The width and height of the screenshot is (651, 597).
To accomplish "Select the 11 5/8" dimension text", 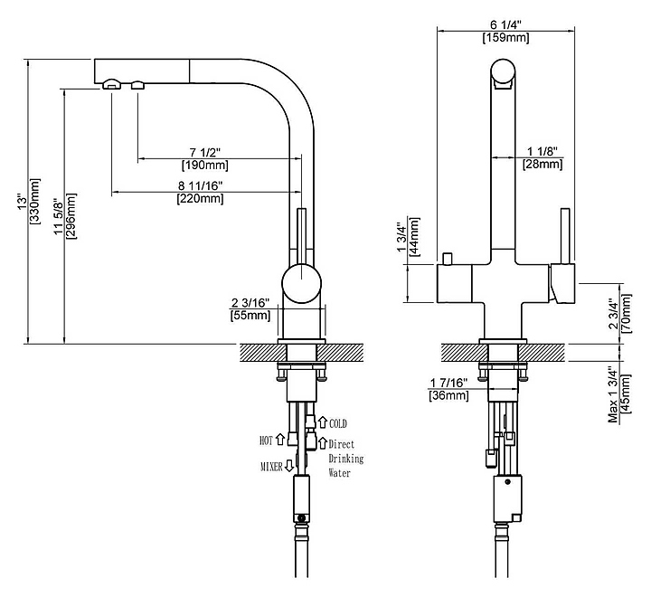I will coord(59,221).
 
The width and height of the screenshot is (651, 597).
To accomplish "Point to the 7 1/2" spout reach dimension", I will coord(205,151).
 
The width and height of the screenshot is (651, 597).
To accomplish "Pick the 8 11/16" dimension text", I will coord(200,185).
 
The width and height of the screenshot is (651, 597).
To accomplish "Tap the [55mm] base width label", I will coord(250,315).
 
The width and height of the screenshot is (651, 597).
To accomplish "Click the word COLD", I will coord(337,423).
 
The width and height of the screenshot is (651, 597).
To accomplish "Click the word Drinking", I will coord(345,459).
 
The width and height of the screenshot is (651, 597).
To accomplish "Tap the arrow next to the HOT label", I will coord(280,440).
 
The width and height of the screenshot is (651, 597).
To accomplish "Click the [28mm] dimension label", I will coord(542,164).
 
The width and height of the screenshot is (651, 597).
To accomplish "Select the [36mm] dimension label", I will coord(448,395).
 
